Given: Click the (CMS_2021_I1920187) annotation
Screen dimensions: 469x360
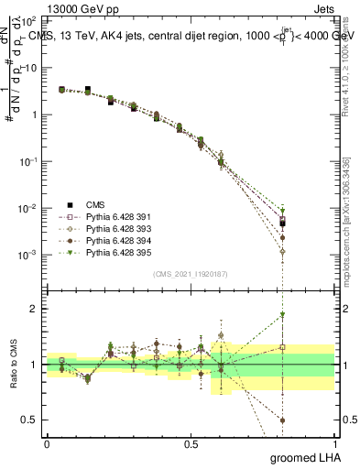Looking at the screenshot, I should click(190, 274).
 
